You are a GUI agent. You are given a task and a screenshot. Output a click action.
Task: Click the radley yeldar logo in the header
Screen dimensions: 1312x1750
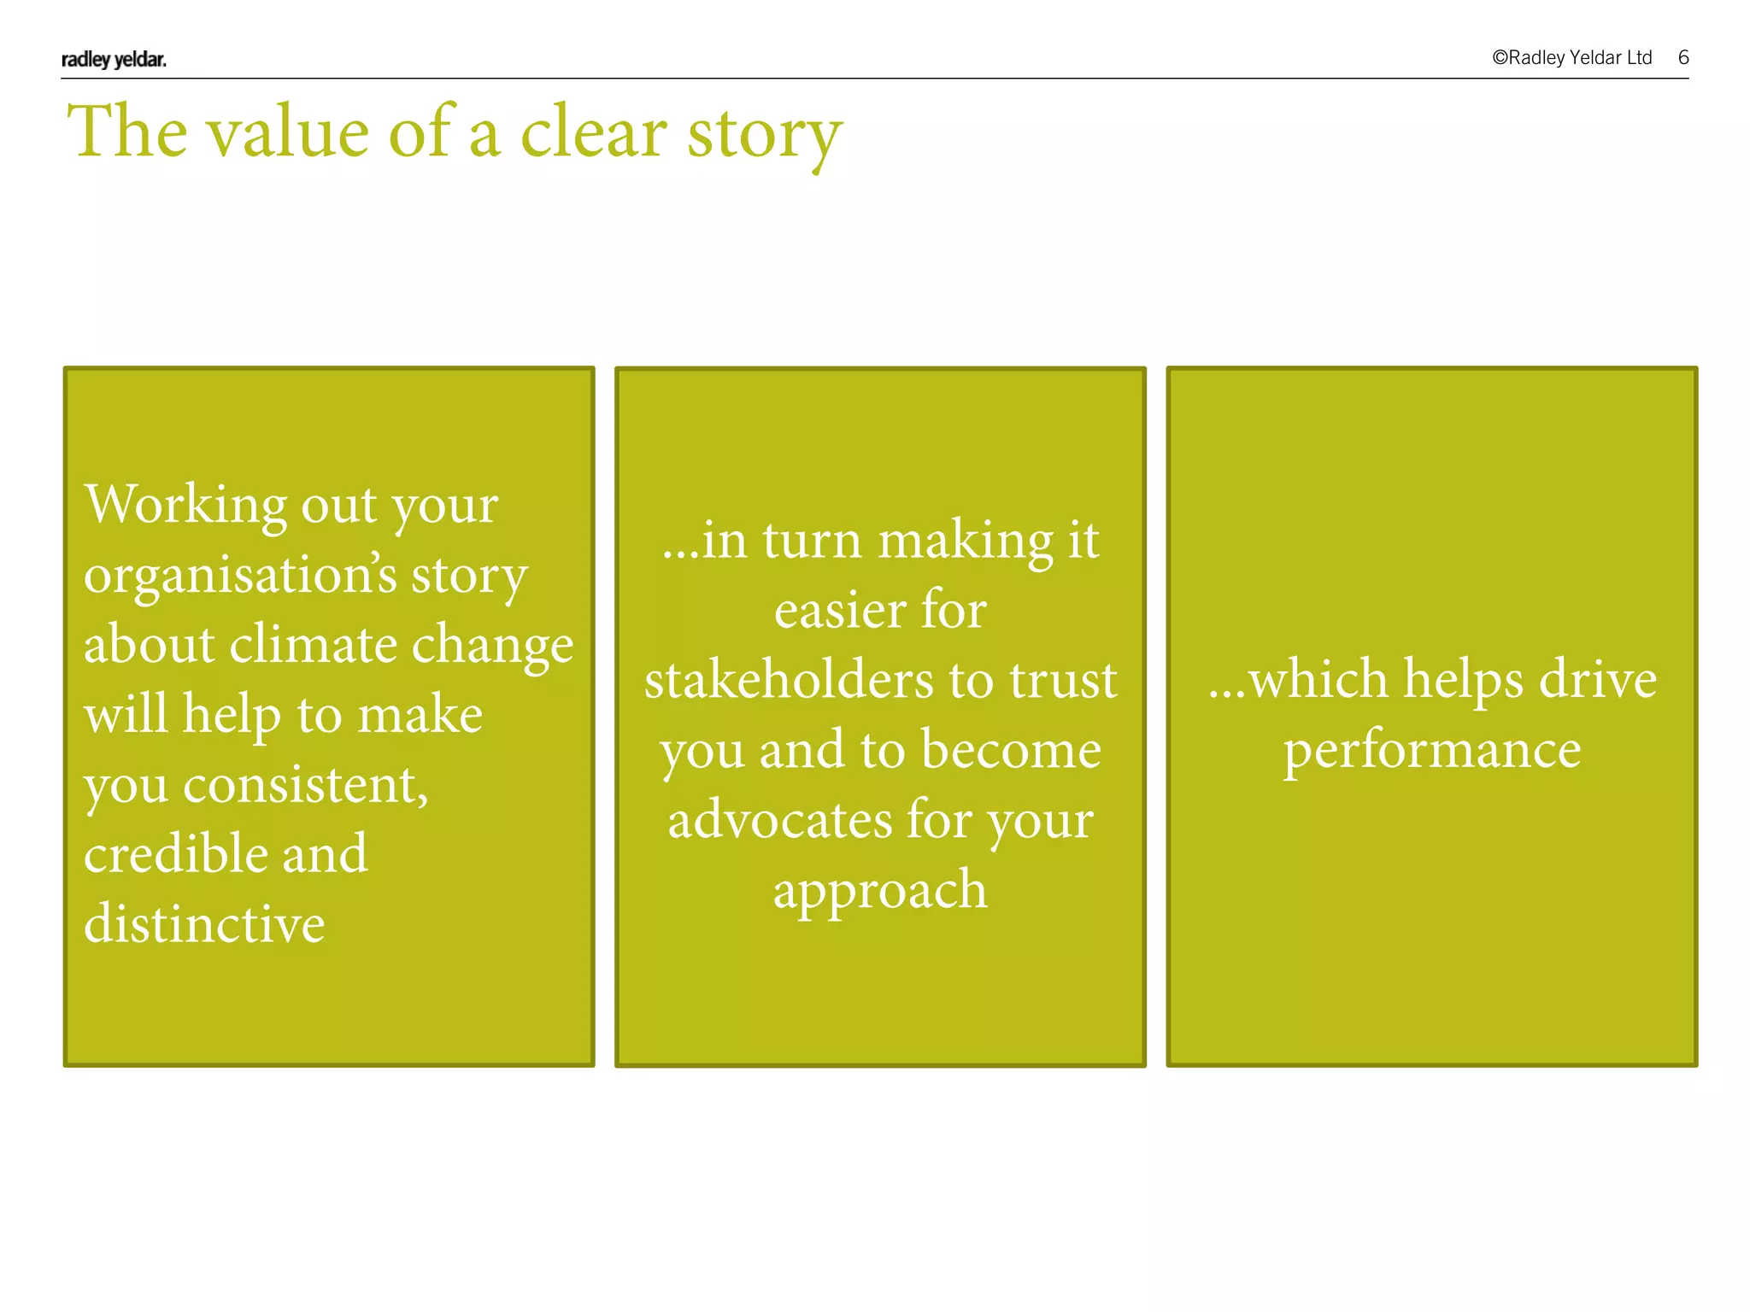tap(114, 59)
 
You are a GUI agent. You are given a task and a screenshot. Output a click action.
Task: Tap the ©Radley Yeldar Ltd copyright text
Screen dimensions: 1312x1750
tap(1571, 57)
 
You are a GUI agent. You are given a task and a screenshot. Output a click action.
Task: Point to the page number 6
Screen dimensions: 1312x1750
tap(1682, 57)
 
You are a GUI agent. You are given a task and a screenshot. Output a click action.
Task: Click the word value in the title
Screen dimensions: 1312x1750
tap(288, 133)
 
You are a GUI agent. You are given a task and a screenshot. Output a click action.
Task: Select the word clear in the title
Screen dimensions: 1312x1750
tap(593, 133)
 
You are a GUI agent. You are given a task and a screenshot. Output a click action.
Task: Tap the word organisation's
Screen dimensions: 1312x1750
tap(240, 575)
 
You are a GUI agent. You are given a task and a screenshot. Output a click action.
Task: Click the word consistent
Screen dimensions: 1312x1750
tap(305, 784)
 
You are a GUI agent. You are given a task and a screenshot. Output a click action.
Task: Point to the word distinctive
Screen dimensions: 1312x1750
tap(204, 923)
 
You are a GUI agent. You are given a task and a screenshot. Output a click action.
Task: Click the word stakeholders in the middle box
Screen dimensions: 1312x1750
tap(788, 680)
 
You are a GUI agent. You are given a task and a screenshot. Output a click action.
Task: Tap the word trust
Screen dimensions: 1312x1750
tap(1062, 680)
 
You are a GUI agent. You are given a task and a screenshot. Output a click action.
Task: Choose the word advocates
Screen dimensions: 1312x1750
tap(779, 820)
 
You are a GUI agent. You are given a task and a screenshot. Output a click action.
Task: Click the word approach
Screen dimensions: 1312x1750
tap(880, 891)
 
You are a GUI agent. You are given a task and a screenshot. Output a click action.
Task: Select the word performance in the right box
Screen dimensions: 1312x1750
tap(1431, 751)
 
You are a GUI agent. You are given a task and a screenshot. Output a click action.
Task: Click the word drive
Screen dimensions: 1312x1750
tap(1597, 680)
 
